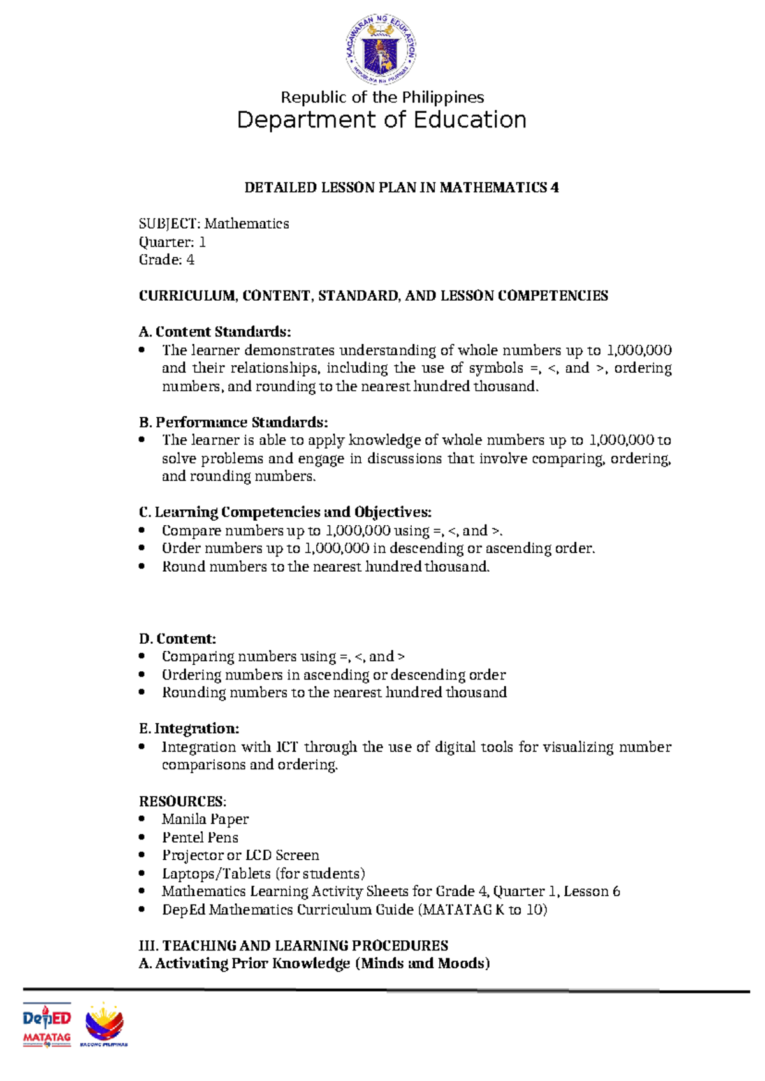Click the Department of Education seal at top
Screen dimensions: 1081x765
[x=381, y=50]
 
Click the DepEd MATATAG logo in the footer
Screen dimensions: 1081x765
[x=47, y=1026]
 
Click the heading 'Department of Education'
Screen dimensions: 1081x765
[x=381, y=120]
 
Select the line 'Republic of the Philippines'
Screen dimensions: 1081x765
[x=382, y=98]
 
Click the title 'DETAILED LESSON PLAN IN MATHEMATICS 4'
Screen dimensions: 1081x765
[x=402, y=187]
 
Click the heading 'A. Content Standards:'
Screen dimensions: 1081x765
[x=215, y=332]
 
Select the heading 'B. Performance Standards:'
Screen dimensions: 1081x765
[x=233, y=423]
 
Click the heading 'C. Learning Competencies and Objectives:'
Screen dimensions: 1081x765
[x=285, y=512]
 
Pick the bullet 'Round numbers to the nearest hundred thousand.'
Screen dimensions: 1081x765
[x=325, y=567]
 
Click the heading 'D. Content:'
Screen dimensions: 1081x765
[x=177, y=639]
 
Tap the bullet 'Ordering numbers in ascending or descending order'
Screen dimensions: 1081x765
[x=333, y=675]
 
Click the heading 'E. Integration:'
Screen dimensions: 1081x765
[x=189, y=729]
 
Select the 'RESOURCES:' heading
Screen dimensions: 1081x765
[x=182, y=801]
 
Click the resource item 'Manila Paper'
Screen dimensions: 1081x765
[x=205, y=819]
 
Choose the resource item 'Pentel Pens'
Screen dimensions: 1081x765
[x=200, y=838]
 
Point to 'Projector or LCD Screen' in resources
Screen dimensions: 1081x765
[x=240, y=855]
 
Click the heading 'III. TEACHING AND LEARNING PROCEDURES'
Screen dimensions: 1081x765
[x=293, y=946]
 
